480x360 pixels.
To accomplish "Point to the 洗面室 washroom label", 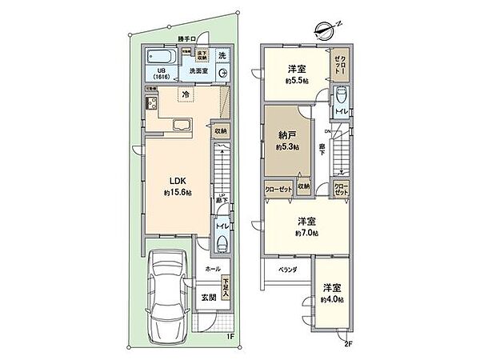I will click(x=199, y=70).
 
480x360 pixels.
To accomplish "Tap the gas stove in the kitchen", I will click(x=150, y=103).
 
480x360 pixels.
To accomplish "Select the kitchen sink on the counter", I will click(x=181, y=125).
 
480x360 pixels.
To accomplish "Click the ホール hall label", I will click(x=213, y=270).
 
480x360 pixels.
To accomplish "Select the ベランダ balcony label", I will click(x=289, y=270).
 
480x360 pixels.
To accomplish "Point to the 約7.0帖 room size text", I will click(x=307, y=233).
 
